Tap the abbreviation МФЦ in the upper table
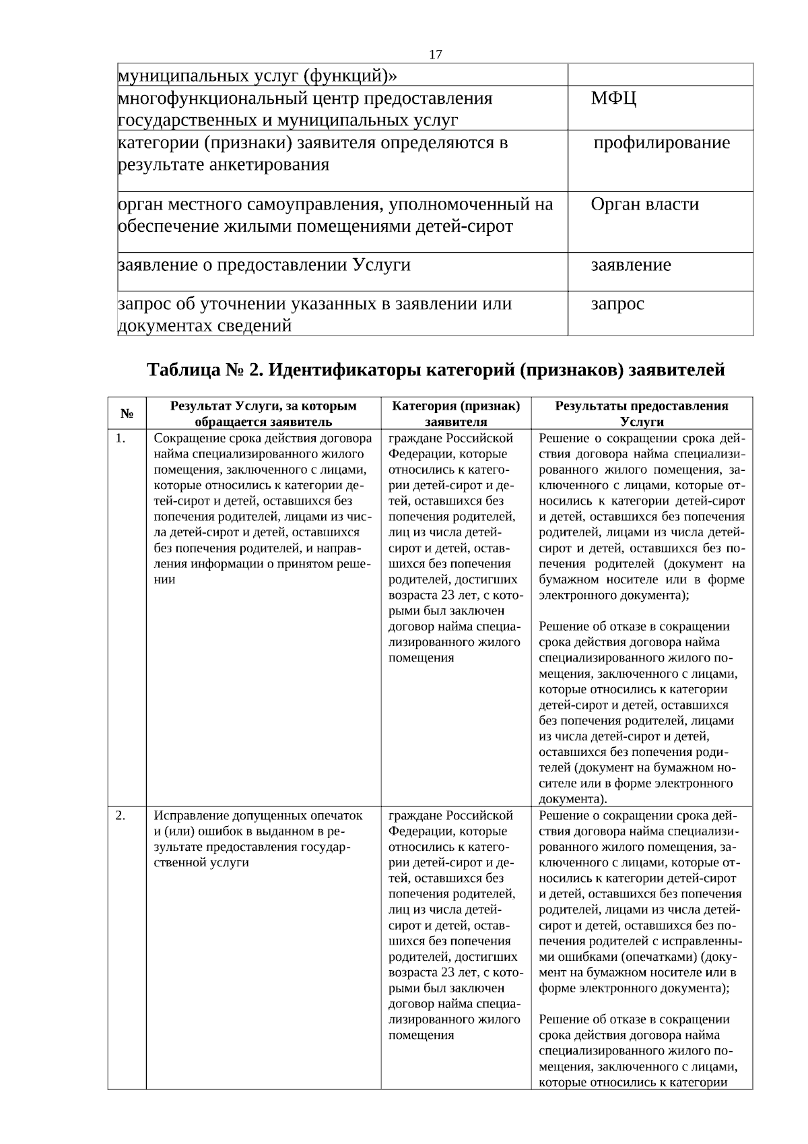point(613,99)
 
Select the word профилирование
point(661,143)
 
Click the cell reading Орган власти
point(644,204)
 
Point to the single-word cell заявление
point(630,265)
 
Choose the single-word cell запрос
point(617,304)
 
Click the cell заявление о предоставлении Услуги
point(265,265)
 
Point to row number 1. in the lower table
point(121,439)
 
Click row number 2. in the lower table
point(121,816)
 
